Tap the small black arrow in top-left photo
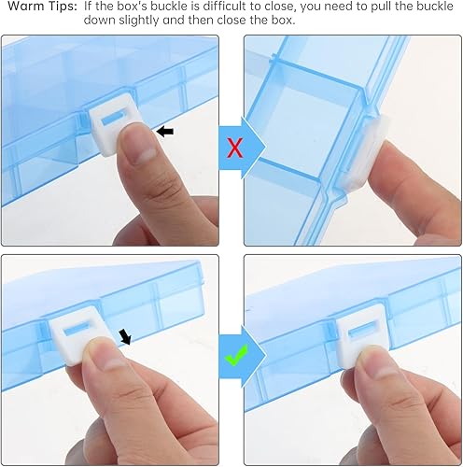coord(164,132)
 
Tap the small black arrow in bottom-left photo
coord(125,335)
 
